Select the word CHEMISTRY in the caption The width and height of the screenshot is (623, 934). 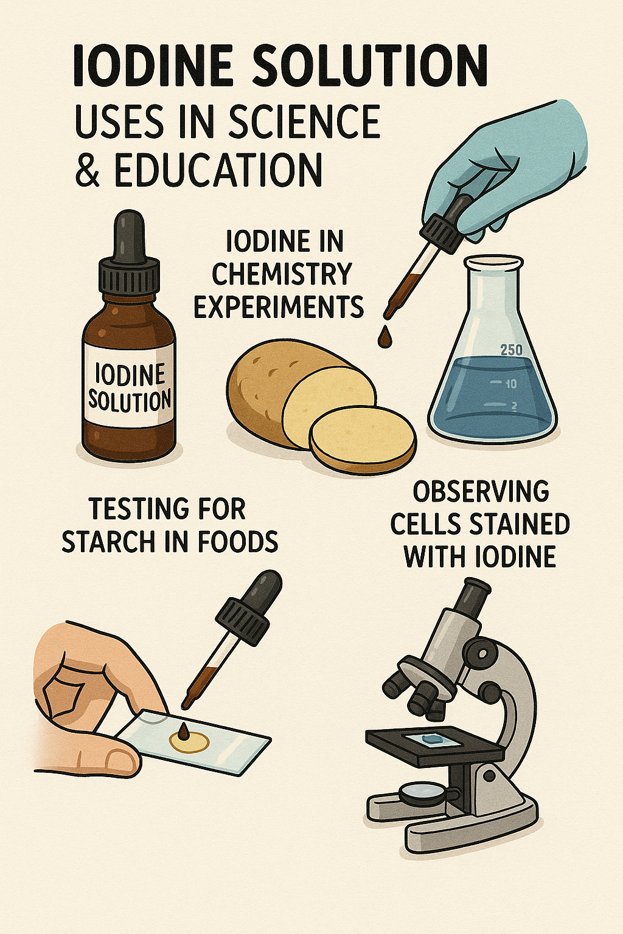[x=282, y=274]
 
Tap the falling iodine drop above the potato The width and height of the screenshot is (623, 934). [x=384, y=337]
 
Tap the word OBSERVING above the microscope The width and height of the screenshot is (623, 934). [x=481, y=491]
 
